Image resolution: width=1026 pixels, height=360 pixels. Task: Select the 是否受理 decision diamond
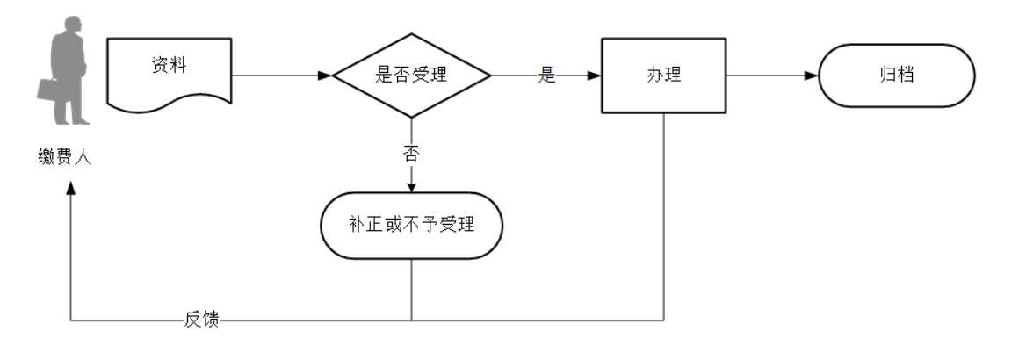(410, 76)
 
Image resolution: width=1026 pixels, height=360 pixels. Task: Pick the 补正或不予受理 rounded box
(412, 225)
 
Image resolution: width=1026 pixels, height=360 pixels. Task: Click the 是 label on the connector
(547, 76)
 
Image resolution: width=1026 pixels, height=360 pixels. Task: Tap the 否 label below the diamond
(411, 155)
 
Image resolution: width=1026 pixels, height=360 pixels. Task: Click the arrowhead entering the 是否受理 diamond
(325, 76)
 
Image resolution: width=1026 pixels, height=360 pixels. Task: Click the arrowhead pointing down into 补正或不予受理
(411, 186)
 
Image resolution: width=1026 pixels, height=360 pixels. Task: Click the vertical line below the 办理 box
(663, 220)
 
